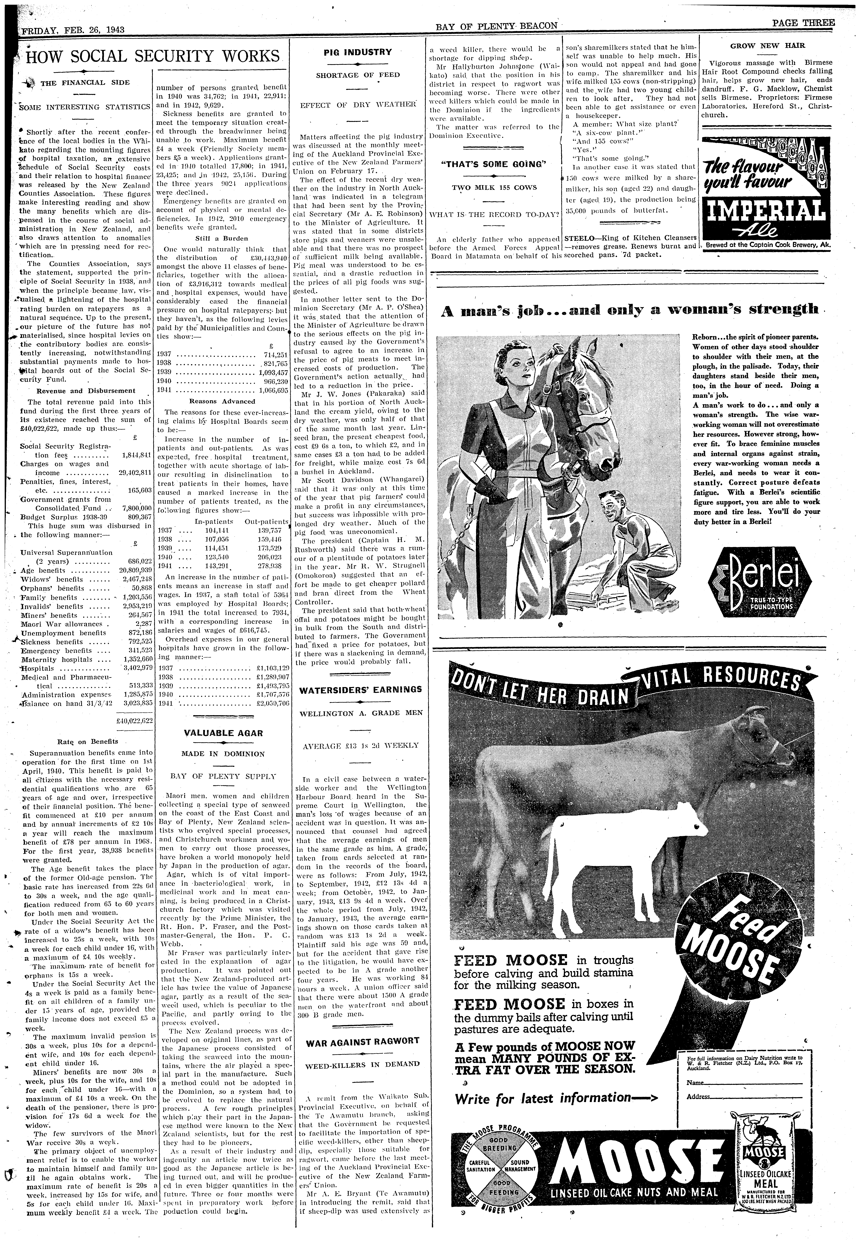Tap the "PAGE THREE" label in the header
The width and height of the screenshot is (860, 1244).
point(803,38)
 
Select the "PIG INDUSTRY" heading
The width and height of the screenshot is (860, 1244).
point(358,52)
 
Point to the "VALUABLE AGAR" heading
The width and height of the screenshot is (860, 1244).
point(223,733)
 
